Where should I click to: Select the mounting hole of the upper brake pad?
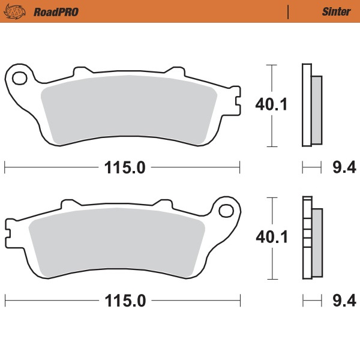pos(20,78)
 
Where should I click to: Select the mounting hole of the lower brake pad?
pos(226,211)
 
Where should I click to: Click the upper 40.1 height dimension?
pos(272,105)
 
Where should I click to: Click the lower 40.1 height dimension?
pos(272,238)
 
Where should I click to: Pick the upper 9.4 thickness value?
pos(340,168)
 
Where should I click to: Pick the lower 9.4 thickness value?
pos(340,301)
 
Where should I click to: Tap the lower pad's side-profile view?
pos(311,238)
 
